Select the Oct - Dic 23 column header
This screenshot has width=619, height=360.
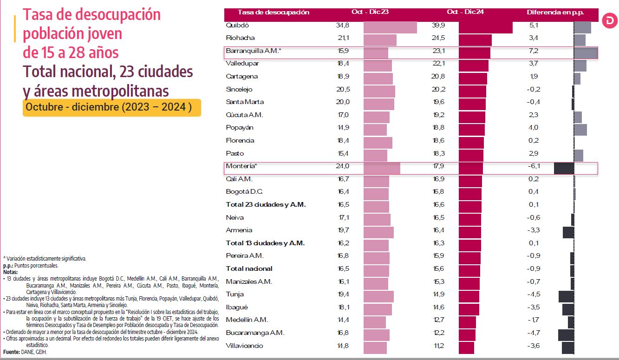[x=370, y=12]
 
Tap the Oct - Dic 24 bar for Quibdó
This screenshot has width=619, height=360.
[x=485, y=27]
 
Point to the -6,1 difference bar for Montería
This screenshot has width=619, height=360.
[x=564, y=168]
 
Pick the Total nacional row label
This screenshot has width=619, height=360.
[x=249, y=268]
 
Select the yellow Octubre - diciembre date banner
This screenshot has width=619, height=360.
[x=111, y=107]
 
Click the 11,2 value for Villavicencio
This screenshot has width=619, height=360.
[x=438, y=346]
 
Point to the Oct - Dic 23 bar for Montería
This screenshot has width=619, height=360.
[x=382, y=168]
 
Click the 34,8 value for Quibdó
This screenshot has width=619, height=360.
[x=343, y=25]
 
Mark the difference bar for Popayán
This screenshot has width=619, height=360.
[x=580, y=130]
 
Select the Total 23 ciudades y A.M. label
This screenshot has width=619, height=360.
[x=266, y=204]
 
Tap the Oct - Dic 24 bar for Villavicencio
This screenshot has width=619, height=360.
[x=466, y=348]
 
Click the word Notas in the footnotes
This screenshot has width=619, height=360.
[x=10, y=272]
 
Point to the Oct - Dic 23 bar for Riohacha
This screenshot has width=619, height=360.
[x=380, y=40]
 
